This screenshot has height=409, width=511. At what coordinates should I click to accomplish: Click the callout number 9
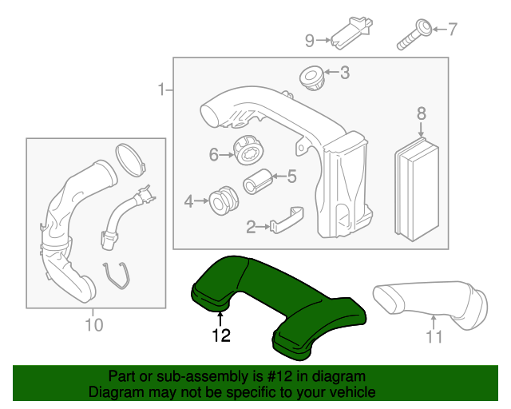point(310,38)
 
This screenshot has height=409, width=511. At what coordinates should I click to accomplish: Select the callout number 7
point(453,30)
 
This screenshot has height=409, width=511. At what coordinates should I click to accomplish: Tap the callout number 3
point(344,73)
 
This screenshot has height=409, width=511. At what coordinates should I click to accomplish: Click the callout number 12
point(221,336)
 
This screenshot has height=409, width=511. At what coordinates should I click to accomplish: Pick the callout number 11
point(434,336)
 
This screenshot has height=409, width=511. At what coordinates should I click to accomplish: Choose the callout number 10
point(93,324)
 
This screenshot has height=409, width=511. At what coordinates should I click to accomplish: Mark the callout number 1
point(162,89)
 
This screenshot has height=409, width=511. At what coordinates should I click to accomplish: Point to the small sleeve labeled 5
point(255,183)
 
